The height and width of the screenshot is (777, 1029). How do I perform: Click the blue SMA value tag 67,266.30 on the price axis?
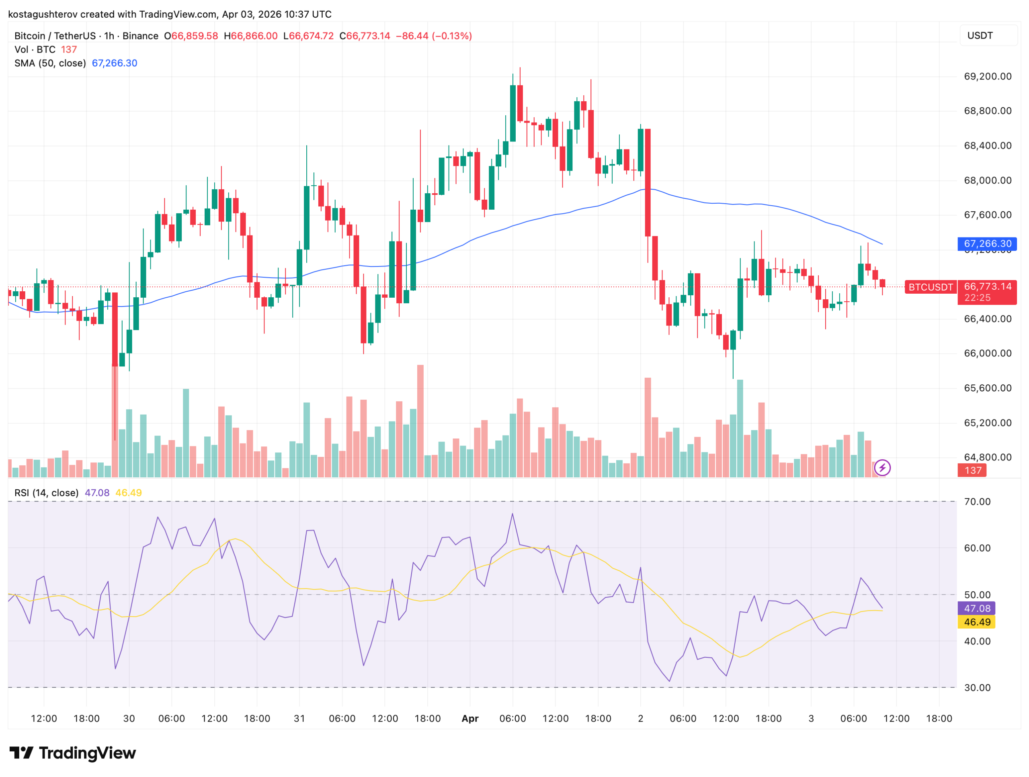click(987, 243)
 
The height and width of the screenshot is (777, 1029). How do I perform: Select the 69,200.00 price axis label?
click(987, 76)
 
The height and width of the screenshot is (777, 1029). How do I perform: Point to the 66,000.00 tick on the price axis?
click(987, 354)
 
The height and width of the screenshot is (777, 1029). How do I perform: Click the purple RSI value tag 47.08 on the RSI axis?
click(976, 609)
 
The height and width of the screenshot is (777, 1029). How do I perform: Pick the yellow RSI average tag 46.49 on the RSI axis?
click(976, 622)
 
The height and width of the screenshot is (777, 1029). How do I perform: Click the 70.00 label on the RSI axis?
click(977, 502)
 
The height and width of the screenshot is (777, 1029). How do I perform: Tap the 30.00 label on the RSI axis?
click(977, 688)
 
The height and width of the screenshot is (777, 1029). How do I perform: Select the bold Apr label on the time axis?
click(470, 719)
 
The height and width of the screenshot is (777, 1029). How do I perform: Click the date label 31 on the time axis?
click(299, 719)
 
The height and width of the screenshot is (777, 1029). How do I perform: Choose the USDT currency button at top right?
click(980, 36)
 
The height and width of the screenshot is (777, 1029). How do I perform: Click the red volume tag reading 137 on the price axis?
click(972, 470)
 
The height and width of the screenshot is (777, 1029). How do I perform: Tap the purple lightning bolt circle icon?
click(882, 468)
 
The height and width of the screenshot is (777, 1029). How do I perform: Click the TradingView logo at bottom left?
click(73, 753)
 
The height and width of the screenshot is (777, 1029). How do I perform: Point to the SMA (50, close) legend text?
click(50, 63)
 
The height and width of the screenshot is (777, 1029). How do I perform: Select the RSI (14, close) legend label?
click(47, 493)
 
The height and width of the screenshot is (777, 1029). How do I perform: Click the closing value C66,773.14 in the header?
click(365, 36)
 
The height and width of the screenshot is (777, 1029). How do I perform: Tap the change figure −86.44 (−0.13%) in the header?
click(434, 36)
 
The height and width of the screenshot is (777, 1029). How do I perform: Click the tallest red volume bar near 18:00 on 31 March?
click(420, 421)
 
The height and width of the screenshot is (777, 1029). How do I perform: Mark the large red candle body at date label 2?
click(648, 182)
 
